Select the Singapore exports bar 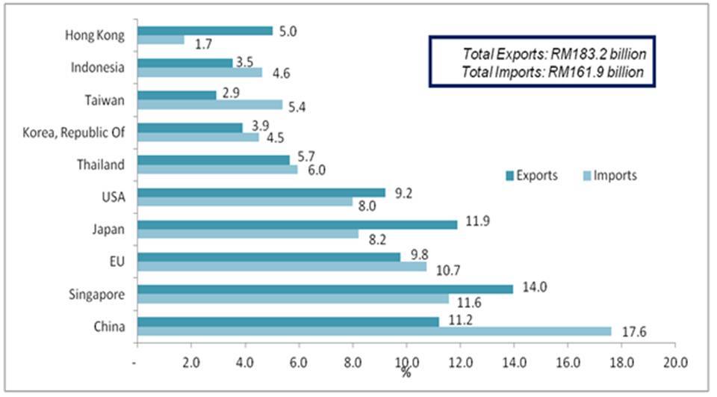(x=325, y=289)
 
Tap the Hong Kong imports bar (x=161, y=40)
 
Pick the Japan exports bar (x=297, y=224)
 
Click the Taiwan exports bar (x=177, y=96)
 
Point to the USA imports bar (x=245, y=202)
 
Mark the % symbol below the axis (x=406, y=373)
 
